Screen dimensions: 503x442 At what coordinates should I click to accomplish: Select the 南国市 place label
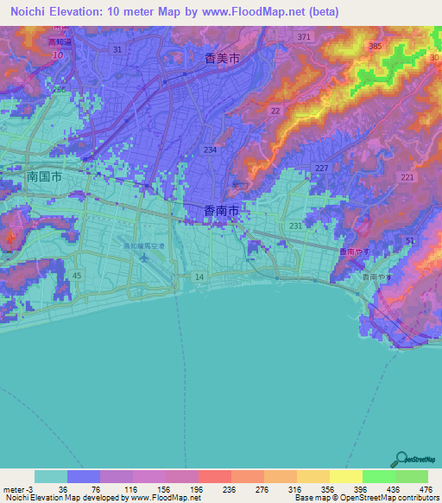pyautogui.click(x=43, y=175)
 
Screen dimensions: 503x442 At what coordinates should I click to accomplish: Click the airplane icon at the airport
pyautogui.click(x=144, y=257)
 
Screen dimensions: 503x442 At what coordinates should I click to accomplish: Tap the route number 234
pyautogui.click(x=210, y=150)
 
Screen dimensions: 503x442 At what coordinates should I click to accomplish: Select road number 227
pyautogui.click(x=320, y=168)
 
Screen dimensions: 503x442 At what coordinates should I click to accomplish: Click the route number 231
pyautogui.click(x=296, y=226)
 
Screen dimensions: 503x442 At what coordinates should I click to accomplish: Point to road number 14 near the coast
pyautogui.click(x=199, y=276)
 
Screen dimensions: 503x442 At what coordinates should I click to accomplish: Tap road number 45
pyautogui.click(x=77, y=275)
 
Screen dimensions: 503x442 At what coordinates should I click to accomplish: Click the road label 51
pyautogui.click(x=409, y=239)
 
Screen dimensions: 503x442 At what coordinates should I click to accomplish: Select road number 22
pyautogui.click(x=275, y=111)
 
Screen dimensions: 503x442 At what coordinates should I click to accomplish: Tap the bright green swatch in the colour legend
pyautogui.click(x=378, y=476)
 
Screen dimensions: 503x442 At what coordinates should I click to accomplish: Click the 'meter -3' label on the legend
pyautogui.click(x=17, y=489)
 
